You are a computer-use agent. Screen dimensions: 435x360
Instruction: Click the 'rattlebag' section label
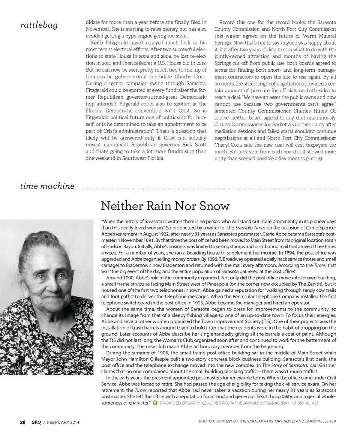coord(39,25)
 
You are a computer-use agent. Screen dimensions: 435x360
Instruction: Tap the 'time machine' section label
coord(47,186)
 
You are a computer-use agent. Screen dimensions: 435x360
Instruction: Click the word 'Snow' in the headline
coord(215,206)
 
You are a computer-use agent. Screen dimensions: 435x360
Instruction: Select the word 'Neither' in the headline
coord(119,206)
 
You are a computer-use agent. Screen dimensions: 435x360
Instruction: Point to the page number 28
coord(23,422)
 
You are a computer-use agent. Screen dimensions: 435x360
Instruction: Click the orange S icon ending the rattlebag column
coord(320,159)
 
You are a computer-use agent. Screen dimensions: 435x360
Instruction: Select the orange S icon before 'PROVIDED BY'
coord(155,403)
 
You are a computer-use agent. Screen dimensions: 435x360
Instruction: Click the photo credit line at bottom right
coord(267,421)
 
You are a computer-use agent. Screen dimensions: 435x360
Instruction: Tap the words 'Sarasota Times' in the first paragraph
coord(250,227)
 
